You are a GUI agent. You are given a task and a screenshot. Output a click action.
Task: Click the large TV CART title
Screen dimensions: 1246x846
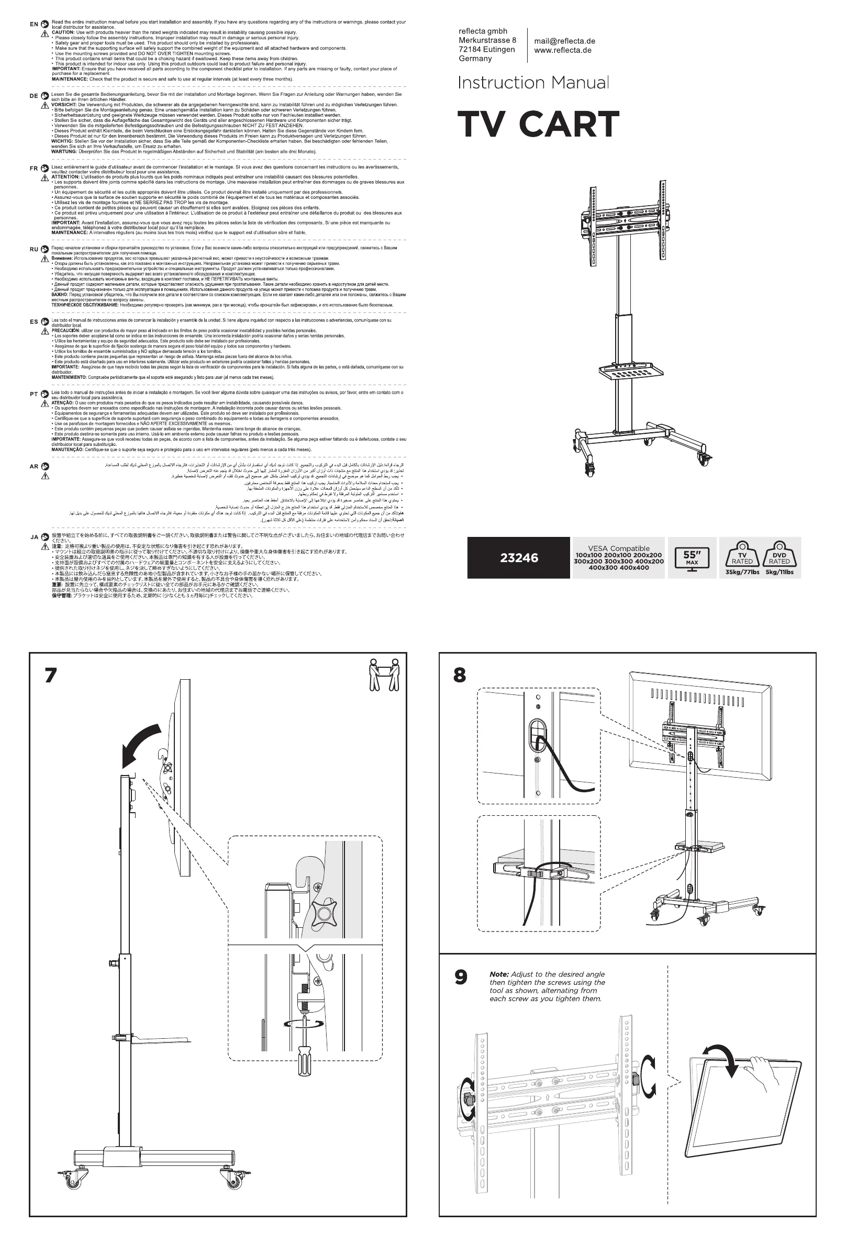(538, 125)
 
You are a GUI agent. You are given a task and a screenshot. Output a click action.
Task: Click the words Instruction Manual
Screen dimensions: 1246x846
(533, 83)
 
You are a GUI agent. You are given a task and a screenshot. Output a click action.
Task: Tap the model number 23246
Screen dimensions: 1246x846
(519, 558)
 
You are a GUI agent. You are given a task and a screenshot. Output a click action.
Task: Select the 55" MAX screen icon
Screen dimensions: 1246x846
(692, 558)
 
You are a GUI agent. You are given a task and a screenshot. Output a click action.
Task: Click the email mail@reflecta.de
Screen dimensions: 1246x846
(564, 41)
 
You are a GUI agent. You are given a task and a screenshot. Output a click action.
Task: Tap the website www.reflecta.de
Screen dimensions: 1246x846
(563, 50)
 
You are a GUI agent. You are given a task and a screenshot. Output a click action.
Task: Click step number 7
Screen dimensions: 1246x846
(50, 676)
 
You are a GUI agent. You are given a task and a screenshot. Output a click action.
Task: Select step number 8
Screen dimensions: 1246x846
(460, 676)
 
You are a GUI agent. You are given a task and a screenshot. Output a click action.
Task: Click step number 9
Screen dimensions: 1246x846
(461, 978)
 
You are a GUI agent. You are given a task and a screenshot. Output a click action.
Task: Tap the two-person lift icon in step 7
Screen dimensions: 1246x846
(385, 675)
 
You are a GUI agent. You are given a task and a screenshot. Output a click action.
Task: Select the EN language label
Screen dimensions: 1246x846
(34, 24)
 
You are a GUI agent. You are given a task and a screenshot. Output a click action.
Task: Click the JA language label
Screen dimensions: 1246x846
(34, 537)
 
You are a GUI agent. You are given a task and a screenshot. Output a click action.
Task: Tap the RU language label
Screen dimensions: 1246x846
(34, 249)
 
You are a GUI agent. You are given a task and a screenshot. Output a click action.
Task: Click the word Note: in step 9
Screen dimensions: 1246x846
(499, 974)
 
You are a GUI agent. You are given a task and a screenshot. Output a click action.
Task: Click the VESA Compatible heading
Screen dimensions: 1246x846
(619, 548)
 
